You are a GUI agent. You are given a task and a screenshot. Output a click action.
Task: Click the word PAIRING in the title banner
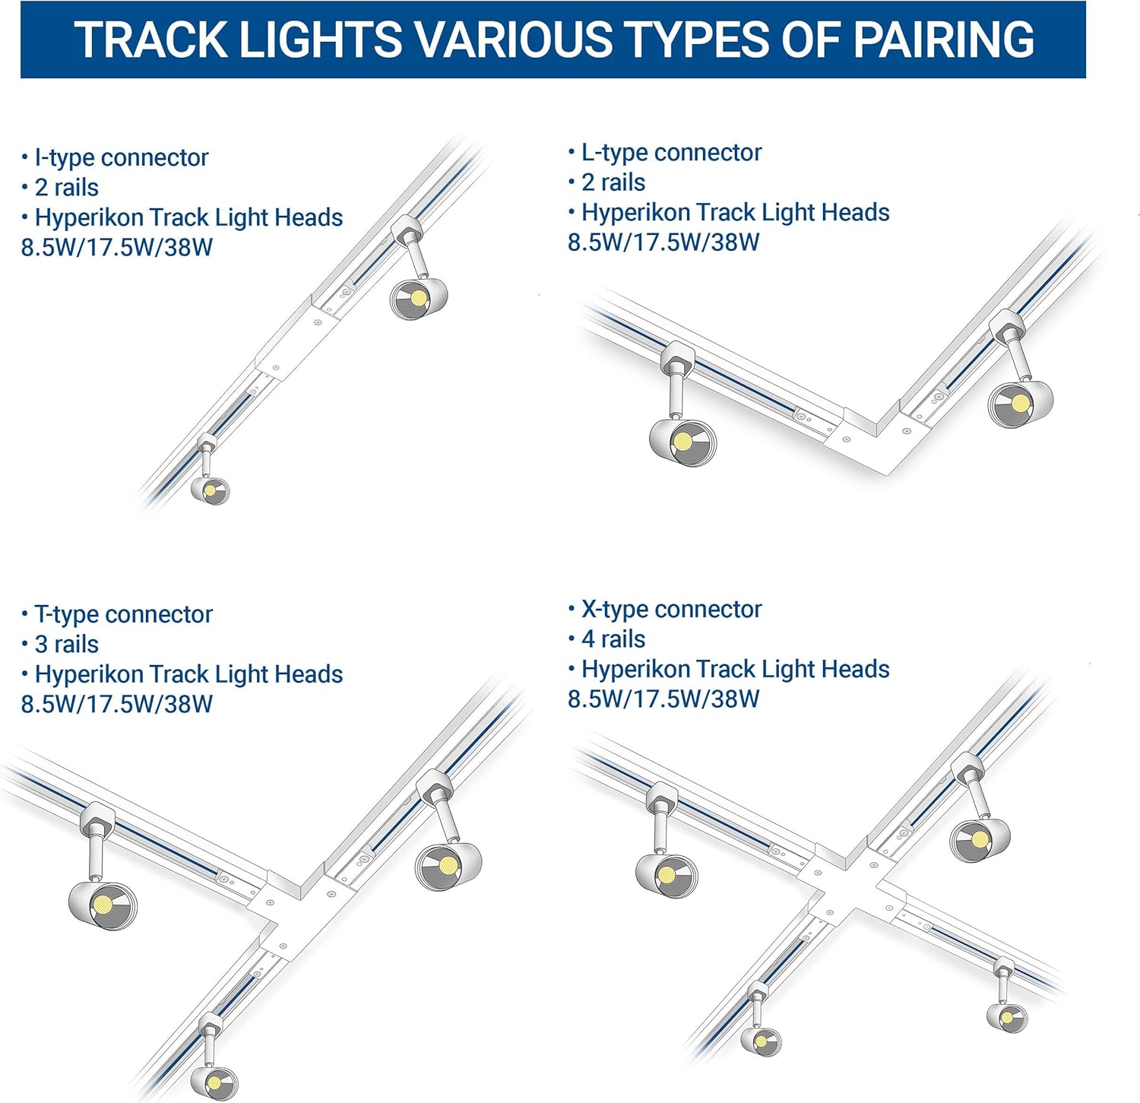pos(943,40)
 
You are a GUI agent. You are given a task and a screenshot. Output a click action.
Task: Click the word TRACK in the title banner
pos(150,40)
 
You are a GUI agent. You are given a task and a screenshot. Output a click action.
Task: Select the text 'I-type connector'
pos(121,157)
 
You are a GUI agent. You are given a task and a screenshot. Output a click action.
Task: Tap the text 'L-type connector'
pos(671,152)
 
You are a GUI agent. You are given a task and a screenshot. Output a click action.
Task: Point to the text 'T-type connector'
pos(123,614)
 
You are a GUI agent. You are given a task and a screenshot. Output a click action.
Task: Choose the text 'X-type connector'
pos(671,609)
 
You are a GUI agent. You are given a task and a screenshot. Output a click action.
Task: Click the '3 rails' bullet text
pos(66,644)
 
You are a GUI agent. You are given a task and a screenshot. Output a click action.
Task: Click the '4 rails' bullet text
pos(613,639)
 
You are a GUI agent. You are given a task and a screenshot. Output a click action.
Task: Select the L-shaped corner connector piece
pos(874,441)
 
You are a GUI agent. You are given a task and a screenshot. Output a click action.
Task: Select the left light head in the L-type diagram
pos(682,441)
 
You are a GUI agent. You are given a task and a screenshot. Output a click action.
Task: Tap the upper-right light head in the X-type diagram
pos(980,839)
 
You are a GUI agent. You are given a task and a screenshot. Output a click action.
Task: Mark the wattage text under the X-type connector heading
pos(663,699)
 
